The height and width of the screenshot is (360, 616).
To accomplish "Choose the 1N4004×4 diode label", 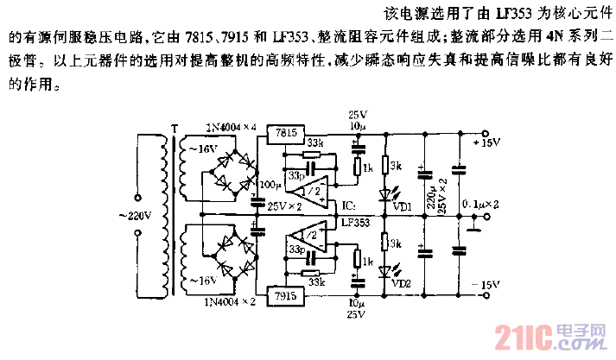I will point(231,127).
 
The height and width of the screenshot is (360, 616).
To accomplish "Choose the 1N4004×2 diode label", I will point(231,301).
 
